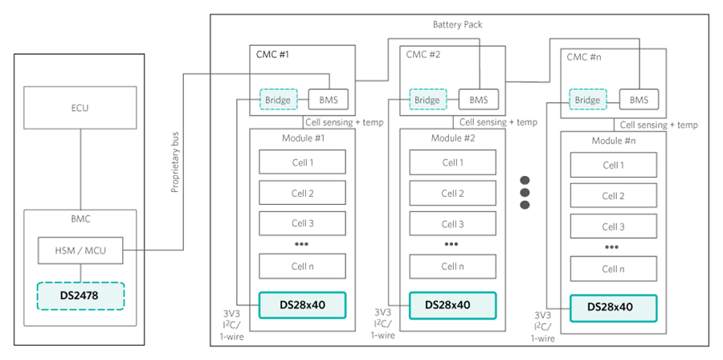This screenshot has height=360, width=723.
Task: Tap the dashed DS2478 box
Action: pyautogui.click(x=80, y=297)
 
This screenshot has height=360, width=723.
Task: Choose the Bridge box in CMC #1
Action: pyautogui.click(x=278, y=100)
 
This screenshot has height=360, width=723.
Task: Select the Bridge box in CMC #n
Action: pyautogui.click(x=587, y=100)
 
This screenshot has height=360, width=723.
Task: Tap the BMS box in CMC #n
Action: pyautogui.click(x=639, y=100)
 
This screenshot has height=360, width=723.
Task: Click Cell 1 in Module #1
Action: pyautogui.click(x=302, y=162)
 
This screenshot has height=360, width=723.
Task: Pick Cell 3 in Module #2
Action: pyautogui.click(x=452, y=224)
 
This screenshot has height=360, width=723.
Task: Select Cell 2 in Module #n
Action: pyautogui.click(x=613, y=196)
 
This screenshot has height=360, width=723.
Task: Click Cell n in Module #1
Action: pyautogui.click(x=302, y=266)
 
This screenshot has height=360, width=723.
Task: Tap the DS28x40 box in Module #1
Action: pyautogui.click(x=302, y=305)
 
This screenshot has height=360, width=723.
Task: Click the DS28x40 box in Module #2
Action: pyautogui.click(x=452, y=305)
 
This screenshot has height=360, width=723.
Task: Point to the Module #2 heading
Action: pyautogui.click(x=452, y=138)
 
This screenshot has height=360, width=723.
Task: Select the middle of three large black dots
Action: pyautogui.click(x=525, y=192)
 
